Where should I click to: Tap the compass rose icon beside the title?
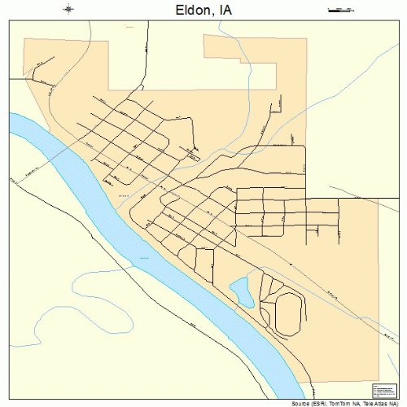(x=68, y=10)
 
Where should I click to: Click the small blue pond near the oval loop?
(x=240, y=288)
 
